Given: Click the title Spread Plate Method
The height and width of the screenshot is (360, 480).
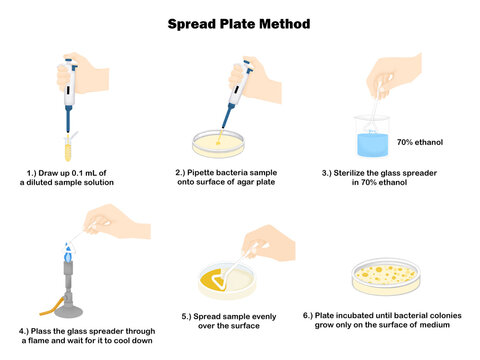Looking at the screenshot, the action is pos(239,24).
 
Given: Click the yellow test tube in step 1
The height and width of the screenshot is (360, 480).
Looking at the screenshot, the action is pos(68,148).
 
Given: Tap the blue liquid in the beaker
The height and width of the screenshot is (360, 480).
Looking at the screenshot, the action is pos(373,145).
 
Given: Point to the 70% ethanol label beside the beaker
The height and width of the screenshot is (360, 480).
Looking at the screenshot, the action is pos(420,142).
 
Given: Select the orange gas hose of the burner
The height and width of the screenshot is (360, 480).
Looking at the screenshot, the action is pos(52,307).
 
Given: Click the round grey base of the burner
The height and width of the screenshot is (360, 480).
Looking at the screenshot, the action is pos(68,311).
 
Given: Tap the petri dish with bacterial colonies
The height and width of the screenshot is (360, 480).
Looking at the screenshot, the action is pos(386,277).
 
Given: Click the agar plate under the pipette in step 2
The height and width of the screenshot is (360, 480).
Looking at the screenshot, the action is pos(218,144).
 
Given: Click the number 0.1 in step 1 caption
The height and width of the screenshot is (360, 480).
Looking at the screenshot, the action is pos(78,173).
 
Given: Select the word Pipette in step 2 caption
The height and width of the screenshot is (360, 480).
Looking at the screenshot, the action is pos(200,173).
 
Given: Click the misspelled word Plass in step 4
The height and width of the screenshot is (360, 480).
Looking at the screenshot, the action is pos(41,331).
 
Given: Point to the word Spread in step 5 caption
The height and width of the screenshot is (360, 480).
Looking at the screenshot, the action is pos(206,317).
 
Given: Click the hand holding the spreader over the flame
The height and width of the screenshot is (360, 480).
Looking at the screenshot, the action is pos(117,221).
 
